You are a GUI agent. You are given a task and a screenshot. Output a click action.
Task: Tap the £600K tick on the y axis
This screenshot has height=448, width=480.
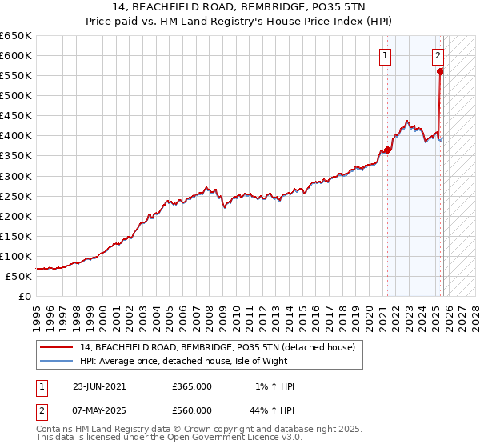pos(17,56)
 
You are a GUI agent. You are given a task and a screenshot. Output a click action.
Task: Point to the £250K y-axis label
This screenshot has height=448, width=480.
pos(17,196)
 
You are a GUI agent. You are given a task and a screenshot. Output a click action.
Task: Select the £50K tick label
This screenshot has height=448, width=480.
pos(20,276)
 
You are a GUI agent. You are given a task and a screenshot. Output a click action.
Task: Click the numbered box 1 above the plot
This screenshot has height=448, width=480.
pos(386,56)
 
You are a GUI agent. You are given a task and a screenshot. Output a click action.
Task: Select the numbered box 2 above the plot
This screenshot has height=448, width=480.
pos(438,56)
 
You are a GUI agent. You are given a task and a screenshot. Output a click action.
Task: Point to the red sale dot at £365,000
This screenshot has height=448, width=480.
pos(387,150)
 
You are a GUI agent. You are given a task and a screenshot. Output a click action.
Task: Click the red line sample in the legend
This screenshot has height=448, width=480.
pos(58,347)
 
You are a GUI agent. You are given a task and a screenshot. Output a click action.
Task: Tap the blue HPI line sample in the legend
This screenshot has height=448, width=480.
pos(58,361)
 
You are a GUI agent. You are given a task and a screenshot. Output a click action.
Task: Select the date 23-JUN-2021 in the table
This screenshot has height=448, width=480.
pos(99,386)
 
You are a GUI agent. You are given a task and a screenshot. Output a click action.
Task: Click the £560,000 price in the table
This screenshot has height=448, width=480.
pos(192,410)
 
